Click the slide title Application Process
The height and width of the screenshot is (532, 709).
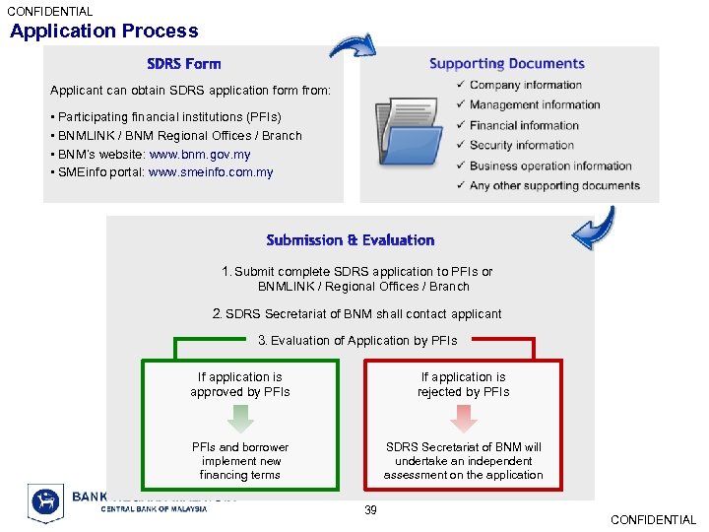(104, 32)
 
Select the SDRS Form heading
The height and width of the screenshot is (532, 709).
(184, 64)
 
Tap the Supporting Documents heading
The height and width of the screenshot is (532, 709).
(507, 64)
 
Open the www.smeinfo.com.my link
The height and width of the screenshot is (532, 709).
(211, 172)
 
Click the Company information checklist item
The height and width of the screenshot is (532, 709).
(525, 86)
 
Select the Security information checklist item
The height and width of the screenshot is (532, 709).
(523, 146)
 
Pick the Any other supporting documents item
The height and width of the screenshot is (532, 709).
(554, 185)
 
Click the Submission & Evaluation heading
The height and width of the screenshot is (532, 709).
(351, 240)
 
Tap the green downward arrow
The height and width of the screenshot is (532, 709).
(240, 419)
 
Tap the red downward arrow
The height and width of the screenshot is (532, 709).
(463, 419)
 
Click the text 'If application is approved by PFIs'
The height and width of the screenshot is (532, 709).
(240, 384)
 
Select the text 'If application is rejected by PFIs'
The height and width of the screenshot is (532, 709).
(463, 384)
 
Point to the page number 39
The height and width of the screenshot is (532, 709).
(370, 510)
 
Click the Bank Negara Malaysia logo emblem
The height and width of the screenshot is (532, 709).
(45, 502)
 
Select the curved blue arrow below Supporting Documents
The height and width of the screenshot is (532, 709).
(594, 230)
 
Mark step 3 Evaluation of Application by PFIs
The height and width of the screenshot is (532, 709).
(357, 341)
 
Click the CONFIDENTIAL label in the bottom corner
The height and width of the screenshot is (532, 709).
(653, 520)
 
